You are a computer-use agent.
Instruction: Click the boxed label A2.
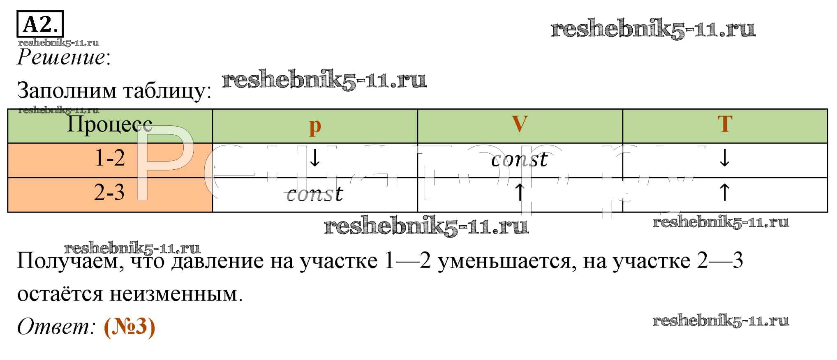40,24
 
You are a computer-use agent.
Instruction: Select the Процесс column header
109,124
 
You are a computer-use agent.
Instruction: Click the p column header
315,125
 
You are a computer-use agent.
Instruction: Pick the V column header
520,123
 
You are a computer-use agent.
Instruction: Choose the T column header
725,124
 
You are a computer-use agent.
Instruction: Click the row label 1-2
110,158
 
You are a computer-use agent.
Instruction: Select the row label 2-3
109,192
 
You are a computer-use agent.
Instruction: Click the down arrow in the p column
314,158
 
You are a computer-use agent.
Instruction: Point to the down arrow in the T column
725,158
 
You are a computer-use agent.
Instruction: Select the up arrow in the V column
520,192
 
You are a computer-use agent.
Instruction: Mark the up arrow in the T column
725,192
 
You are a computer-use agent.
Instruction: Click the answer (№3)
129,327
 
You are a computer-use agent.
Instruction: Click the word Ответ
55,327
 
